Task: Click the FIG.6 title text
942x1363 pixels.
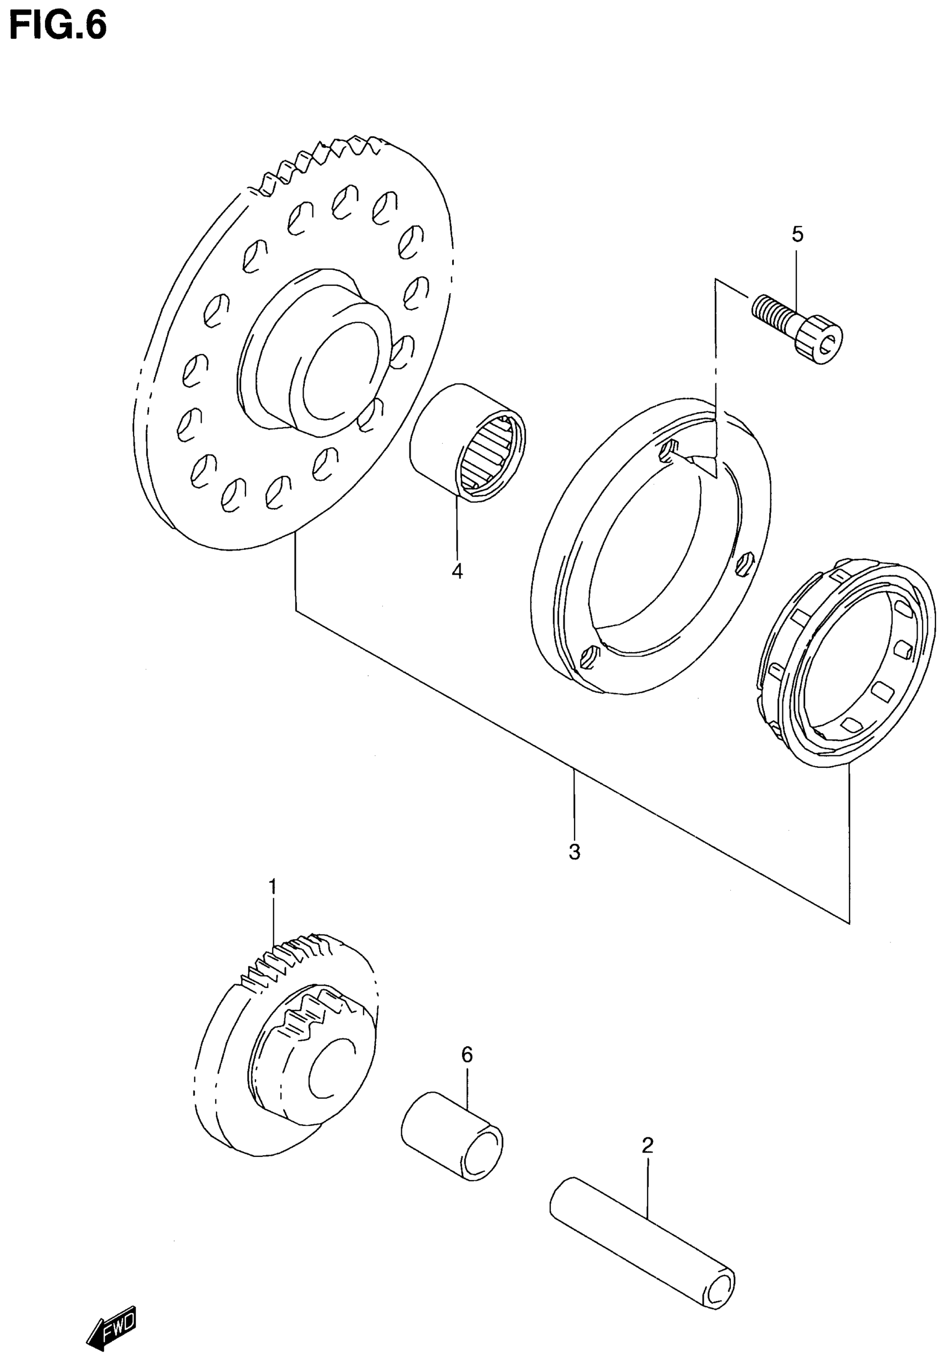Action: [x=58, y=27]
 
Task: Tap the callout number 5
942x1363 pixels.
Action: [x=797, y=235]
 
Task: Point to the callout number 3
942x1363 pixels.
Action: [x=574, y=852]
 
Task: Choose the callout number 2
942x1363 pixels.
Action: [x=647, y=1146]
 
